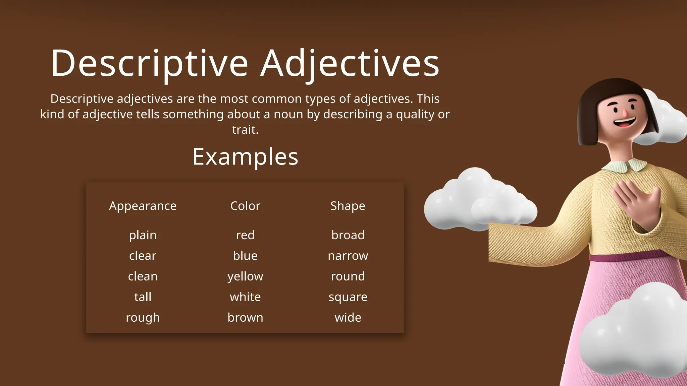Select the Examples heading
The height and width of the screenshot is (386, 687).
point(245,157)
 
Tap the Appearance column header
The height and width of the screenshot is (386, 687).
point(143,206)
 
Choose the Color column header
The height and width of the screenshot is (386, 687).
point(245,206)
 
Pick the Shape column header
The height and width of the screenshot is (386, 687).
point(348,206)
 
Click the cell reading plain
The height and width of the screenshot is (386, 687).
point(143,235)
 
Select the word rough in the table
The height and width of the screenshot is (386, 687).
point(143,317)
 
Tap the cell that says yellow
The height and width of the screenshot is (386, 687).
point(245,276)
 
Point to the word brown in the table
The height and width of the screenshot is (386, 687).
point(245,317)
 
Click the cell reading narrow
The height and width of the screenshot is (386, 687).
point(348,256)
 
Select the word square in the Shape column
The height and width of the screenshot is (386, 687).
point(348,297)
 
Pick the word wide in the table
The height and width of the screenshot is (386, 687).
point(348,317)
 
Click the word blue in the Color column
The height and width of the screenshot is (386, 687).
point(245,256)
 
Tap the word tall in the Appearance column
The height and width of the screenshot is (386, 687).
point(143,297)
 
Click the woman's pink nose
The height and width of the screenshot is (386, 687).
point(625,113)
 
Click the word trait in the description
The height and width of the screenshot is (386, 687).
point(244,130)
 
